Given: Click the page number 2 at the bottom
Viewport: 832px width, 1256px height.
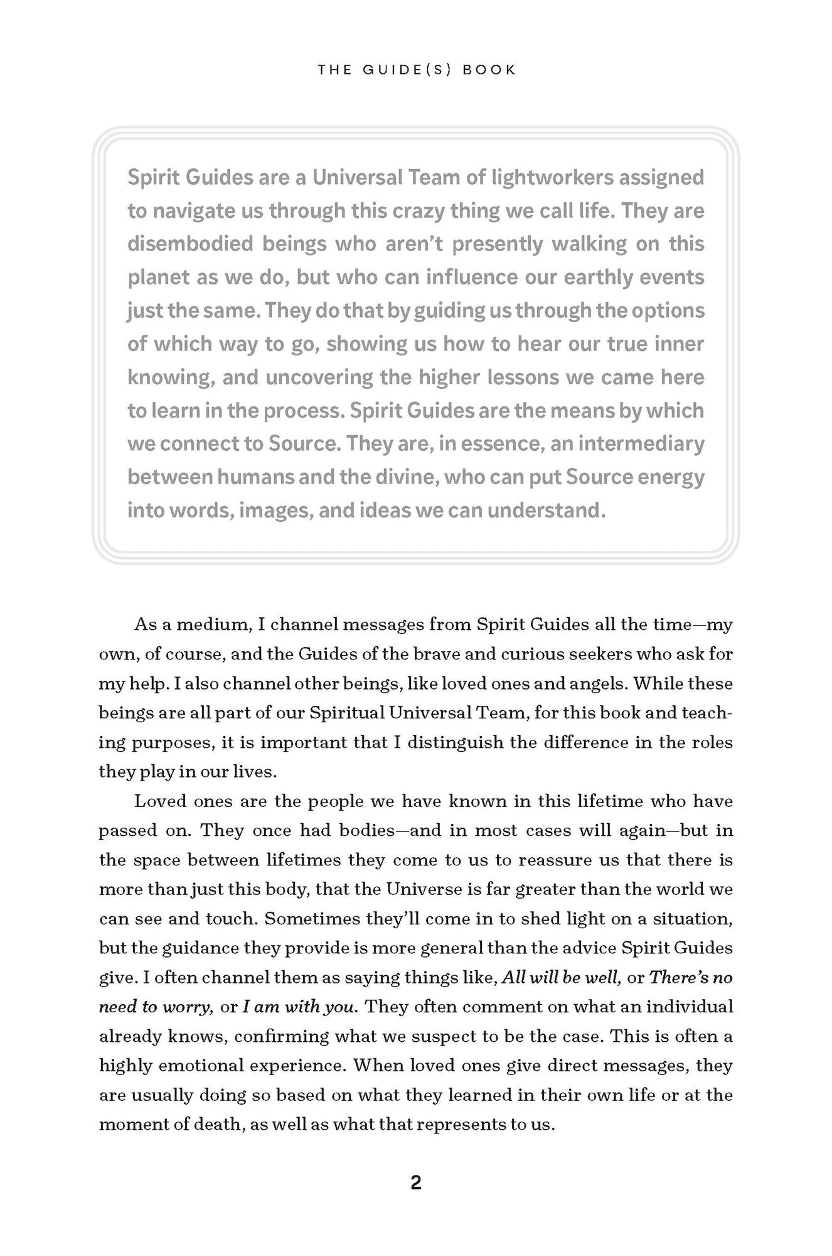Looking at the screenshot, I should tap(416, 1183).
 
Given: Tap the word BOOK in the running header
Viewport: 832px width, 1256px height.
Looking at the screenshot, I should tap(489, 70).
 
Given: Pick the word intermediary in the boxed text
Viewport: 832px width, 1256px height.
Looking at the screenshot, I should tap(641, 443).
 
